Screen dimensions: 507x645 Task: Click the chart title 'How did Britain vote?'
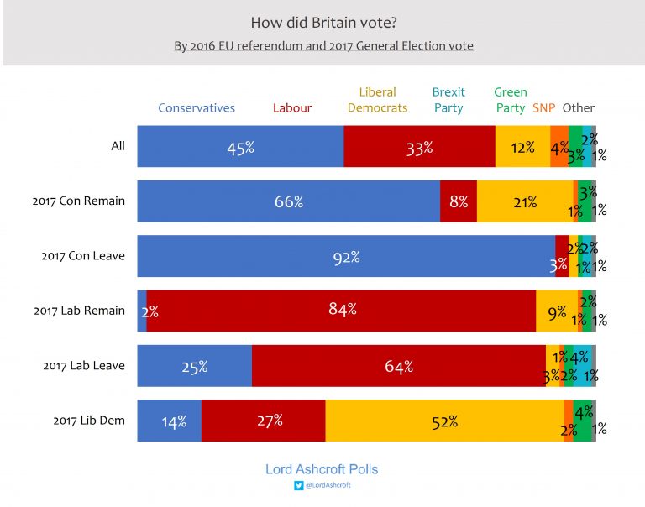click(322, 22)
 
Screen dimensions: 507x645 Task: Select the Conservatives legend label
click(197, 108)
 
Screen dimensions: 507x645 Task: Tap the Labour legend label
click(291, 108)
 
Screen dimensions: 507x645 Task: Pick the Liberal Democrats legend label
click(377, 100)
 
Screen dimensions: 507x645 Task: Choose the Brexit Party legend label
click(448, 100)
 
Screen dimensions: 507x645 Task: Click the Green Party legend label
click(511, 100)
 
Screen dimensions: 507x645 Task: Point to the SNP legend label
click(543, 108)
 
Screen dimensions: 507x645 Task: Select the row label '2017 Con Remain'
click(79, 201)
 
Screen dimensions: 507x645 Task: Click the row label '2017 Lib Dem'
click(88, 420)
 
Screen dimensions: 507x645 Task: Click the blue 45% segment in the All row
click(240, 147)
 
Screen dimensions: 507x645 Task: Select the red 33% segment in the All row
click(419, 147)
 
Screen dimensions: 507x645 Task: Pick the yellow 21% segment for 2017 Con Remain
click(525, 201)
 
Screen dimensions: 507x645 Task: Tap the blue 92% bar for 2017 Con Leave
click(345, 256)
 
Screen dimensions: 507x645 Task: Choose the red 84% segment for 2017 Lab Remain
click(342, 311)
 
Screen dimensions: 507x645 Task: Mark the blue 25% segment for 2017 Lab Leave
click(194, 366)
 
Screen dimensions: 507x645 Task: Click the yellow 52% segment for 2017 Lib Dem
click(444, 421)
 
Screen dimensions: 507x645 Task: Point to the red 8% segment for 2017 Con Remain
click(459, 201)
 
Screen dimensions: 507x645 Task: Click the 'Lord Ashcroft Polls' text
click(322, 469)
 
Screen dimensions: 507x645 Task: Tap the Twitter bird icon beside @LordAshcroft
click(298, 485)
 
